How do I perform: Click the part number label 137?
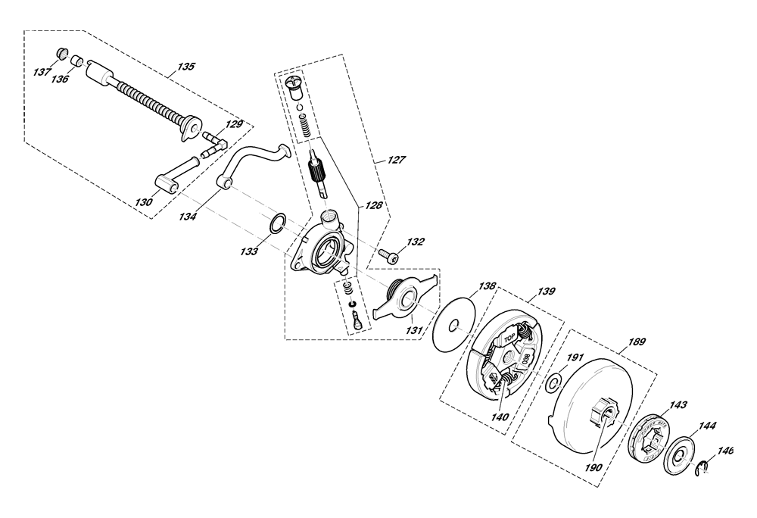point(42,73)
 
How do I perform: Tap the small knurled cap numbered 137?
point(61,52)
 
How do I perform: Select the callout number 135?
point(186,66)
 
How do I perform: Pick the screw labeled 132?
point(388,255)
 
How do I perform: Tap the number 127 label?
point(397,161)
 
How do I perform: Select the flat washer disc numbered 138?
point(454,327)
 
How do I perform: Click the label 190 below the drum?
point(593,467)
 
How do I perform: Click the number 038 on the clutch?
point(526,359)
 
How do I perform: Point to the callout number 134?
point(187,217)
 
